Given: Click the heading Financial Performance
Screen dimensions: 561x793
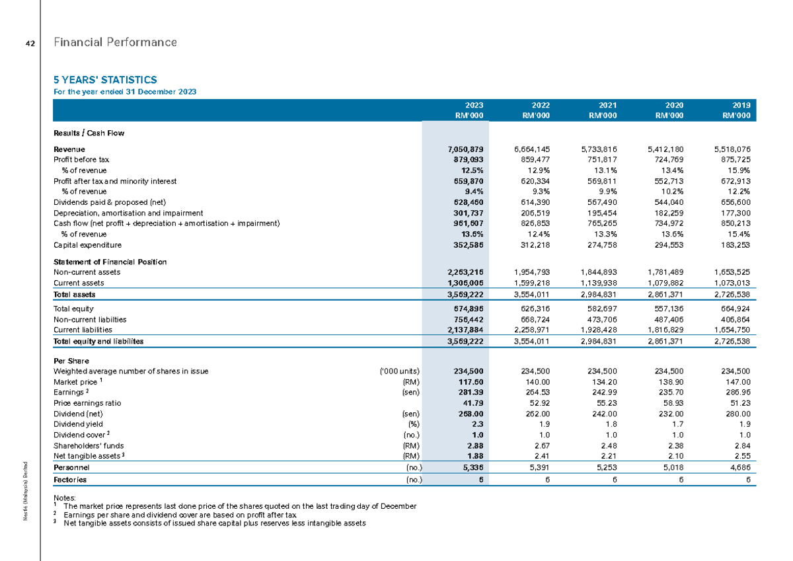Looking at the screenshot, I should tap(115, 42).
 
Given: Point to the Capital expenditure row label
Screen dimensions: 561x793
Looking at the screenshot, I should tap(87, 244).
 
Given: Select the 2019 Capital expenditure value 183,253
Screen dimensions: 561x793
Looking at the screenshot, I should tap(737, 244).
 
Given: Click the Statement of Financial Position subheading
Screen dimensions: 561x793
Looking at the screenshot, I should tap(110, 262).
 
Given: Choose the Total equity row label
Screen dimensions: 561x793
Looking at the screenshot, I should tap(73, 309).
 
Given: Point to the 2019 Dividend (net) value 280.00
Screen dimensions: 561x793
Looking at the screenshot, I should tap(739, 413).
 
